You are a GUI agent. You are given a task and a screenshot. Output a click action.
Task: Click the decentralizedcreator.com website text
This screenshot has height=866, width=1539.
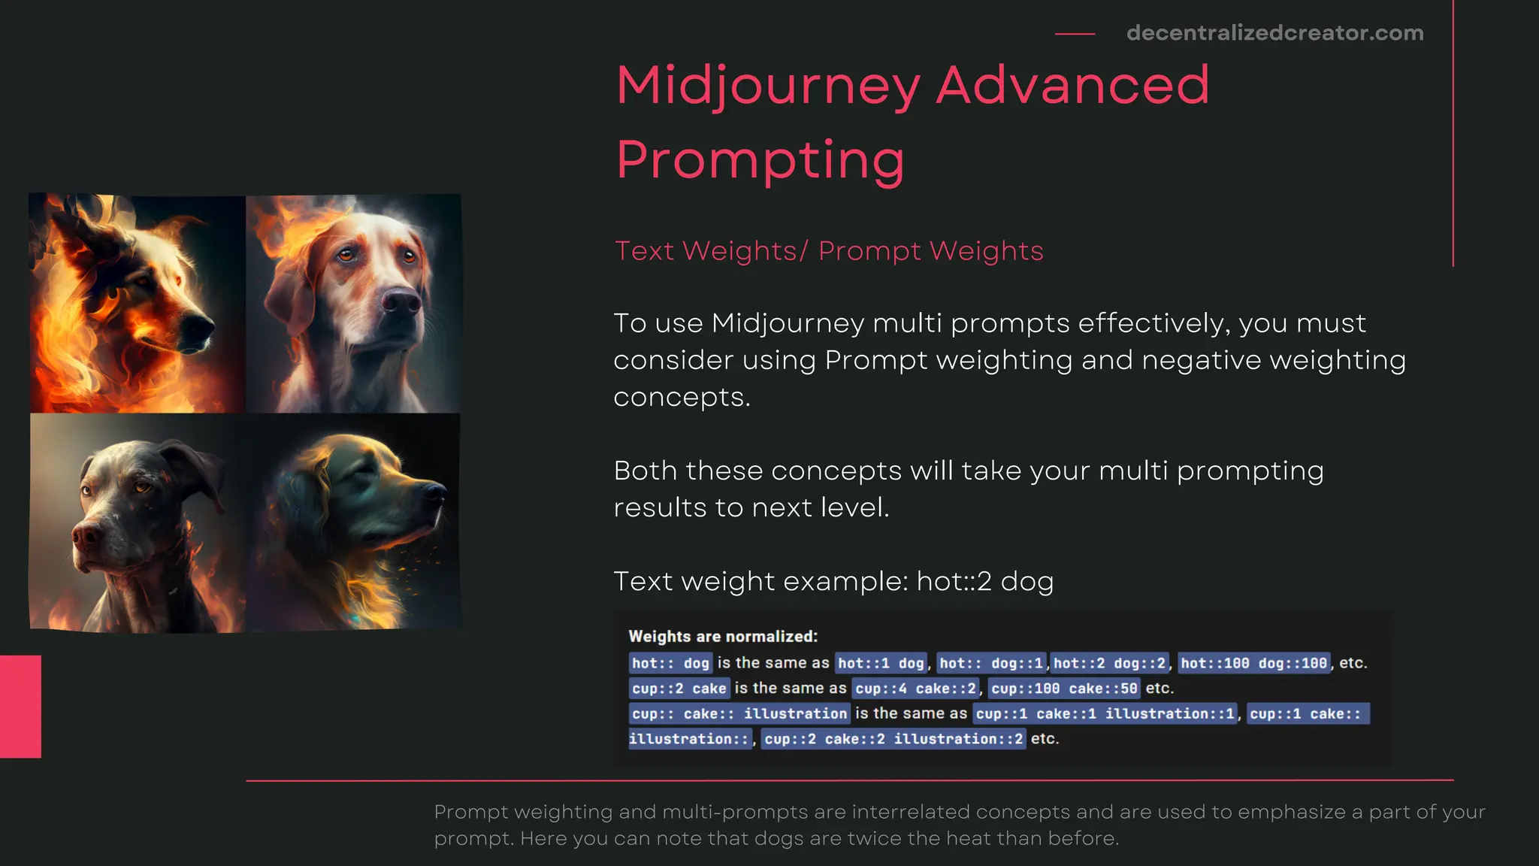(x=1274, y=33)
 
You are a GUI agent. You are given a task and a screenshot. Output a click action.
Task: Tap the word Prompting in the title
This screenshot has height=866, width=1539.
(x=760, y=159)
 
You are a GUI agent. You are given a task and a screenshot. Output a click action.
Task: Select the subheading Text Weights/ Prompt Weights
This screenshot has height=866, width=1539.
(x=829, y=251)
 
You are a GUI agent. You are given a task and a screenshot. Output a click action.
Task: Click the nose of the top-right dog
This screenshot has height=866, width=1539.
(x=401, y=302)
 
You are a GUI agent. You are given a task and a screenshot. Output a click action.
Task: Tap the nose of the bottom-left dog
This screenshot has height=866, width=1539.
(x=86, y=535)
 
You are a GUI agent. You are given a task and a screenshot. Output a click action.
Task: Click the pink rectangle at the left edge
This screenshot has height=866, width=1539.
(x=20, y=706)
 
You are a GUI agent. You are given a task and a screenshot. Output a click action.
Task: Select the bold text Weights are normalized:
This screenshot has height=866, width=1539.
(x=723, y=637)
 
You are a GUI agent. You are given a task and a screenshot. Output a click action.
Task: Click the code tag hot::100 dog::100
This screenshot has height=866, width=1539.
(x=1253, y=663)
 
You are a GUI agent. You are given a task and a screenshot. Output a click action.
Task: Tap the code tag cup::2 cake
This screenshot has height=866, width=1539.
(x=679, y=689)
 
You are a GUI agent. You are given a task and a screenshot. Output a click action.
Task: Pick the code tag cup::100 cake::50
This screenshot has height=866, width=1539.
(x=1064, y=689)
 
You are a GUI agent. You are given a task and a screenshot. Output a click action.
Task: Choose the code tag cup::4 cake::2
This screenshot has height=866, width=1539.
(x=915, y=689)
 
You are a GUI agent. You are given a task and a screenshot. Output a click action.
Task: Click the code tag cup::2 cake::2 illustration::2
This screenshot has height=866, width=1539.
(x=893, y=739)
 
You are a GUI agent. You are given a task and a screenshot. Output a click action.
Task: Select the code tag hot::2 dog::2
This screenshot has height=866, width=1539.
(x=1109, y=663)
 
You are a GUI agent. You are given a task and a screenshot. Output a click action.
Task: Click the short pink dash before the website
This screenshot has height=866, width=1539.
(x=1075, y=34)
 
